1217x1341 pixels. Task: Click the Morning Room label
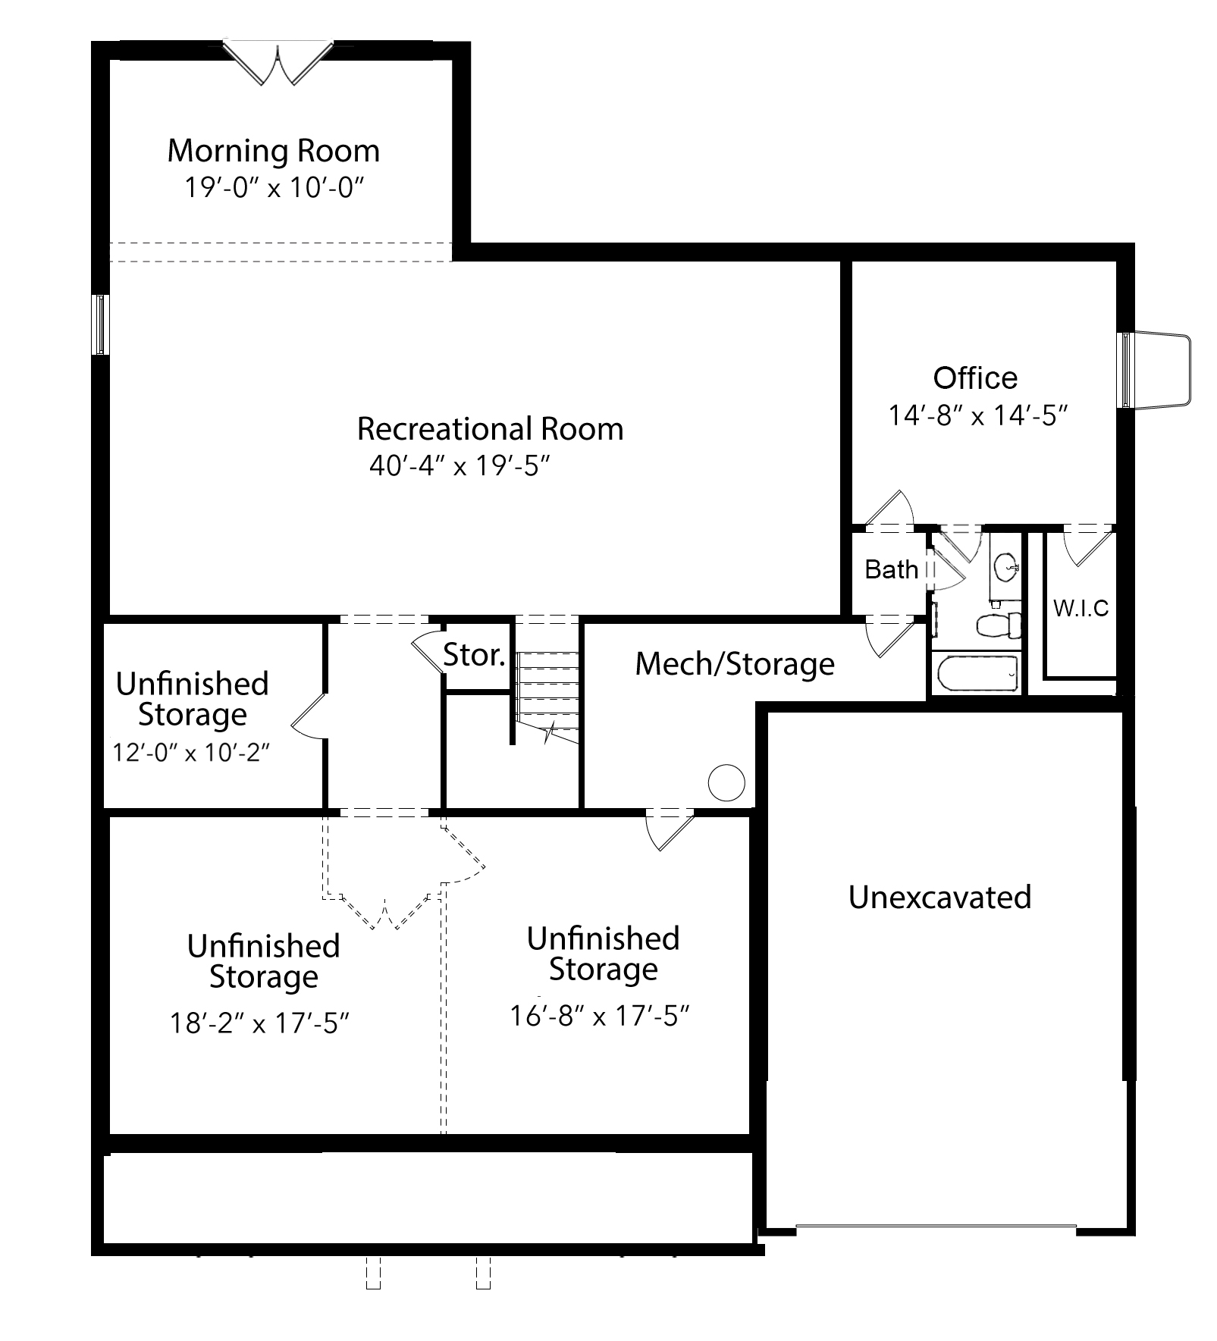(x=273, y=151)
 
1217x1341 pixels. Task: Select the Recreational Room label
(x=490, y=429)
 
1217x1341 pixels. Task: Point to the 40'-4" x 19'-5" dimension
(x=459, y=465)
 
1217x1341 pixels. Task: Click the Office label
(x=975, y=378)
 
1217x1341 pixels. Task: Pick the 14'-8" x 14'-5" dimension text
(x=978, y=415)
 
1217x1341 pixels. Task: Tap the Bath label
(x=891, y=569)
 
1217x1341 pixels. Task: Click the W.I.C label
(x=1081, y=608)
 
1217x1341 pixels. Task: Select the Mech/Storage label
(x=735, y=664)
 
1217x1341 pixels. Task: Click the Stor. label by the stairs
(x=474, y=654)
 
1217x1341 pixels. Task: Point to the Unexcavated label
(x=939, y=897)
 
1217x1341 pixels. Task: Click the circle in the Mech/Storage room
(x=726, y=782)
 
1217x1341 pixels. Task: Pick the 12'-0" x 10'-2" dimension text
(x=192, y=753)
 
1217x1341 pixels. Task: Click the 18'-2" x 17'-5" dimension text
(x=259, y=1023)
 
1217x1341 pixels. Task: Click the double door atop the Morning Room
(x=279, y=61)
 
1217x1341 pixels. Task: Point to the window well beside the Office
(x=1155, y=370)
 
